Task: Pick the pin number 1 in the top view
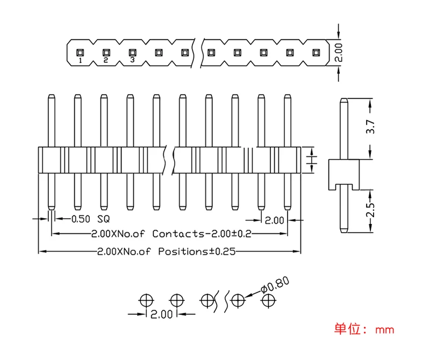pos(80,61)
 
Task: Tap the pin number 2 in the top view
pos(105,60)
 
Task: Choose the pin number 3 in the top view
pos(132,60)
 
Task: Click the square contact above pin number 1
pos(80,53)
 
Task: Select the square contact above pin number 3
pos(132,52)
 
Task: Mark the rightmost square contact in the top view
pos(316,53)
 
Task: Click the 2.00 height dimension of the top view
pos(338,52)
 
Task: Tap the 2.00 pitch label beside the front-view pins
pos(274,220)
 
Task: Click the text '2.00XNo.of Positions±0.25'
pos(166,251)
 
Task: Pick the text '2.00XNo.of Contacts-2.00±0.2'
pos(171,234)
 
